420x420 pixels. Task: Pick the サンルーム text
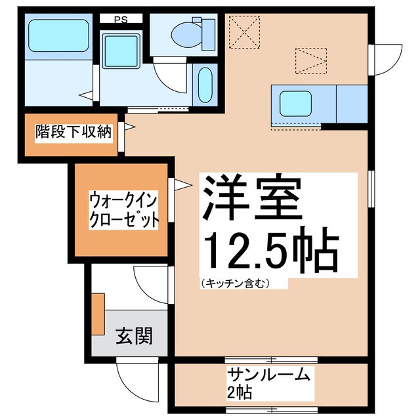[x=268, y=375]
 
